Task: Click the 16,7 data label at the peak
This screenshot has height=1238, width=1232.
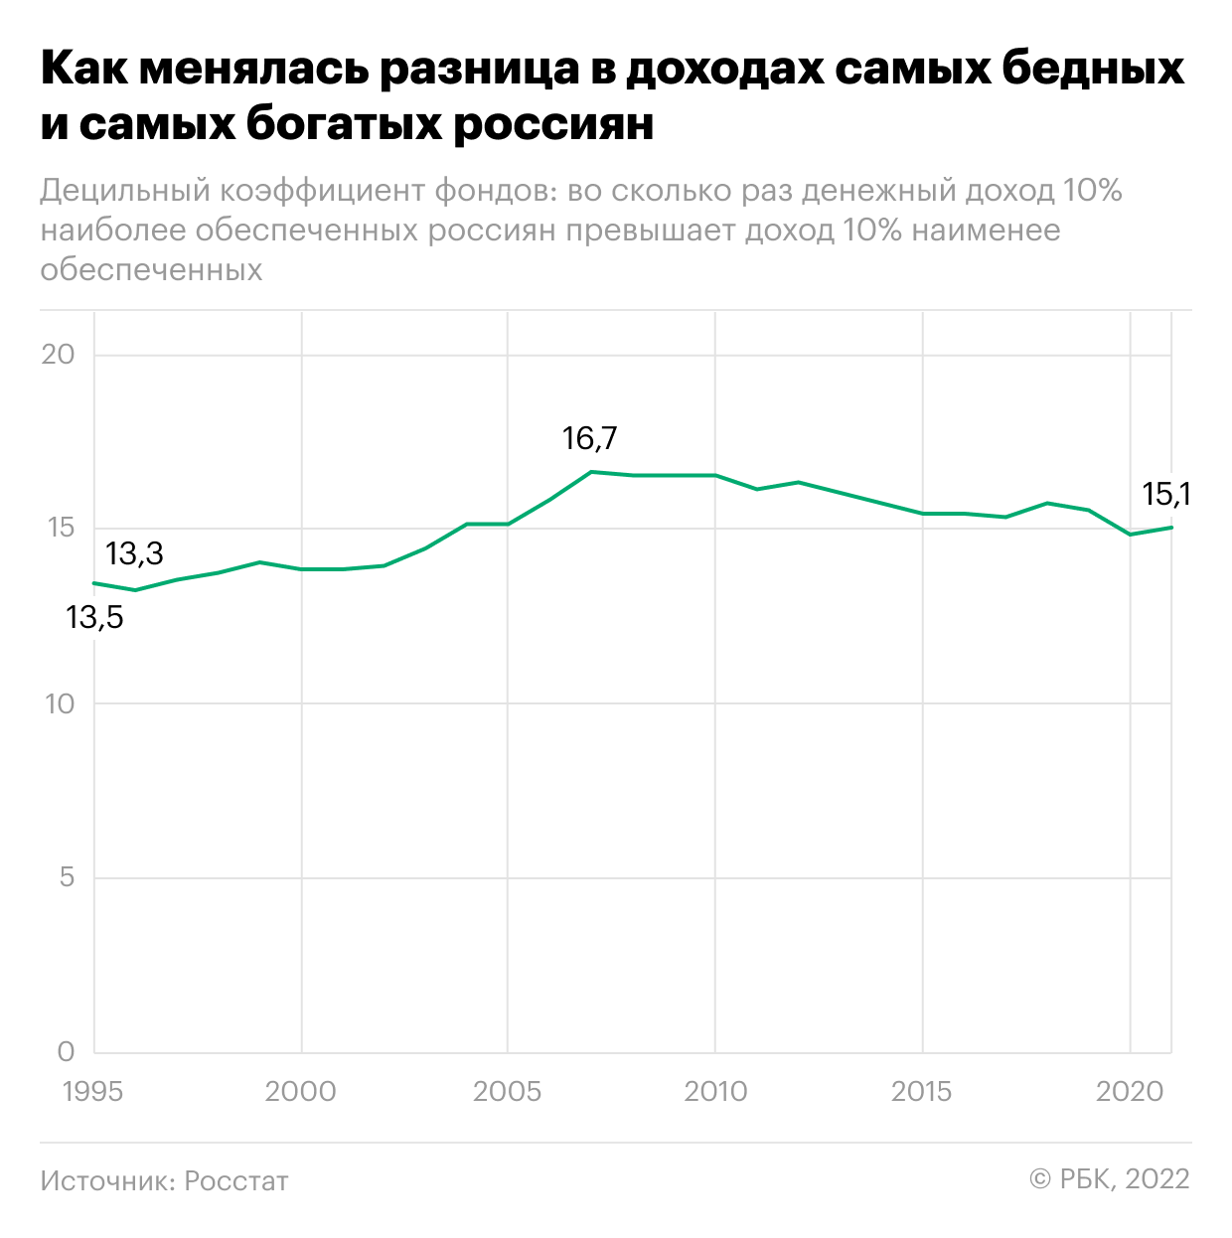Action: click(589, 438)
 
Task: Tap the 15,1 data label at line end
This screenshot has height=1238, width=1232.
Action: click(1166, 494)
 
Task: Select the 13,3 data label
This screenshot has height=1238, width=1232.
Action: click(134, 553)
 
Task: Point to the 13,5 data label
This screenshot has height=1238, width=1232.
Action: click(94, 618)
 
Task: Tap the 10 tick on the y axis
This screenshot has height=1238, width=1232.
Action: click(59, 703)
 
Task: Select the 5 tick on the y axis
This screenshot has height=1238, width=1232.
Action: click(67, 877)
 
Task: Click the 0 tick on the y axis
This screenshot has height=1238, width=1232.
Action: click(67, 1051)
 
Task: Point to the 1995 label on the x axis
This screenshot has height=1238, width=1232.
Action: click(93, 1091)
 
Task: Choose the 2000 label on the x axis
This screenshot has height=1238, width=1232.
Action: click(301, 1091)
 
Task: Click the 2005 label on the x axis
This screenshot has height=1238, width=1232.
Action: click(508, 1091)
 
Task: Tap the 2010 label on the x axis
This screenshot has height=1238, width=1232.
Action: click(715, 1091)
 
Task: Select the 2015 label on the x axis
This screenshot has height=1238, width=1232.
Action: click(923, 1091)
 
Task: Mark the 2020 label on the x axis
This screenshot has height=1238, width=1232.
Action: click(1130, 1091)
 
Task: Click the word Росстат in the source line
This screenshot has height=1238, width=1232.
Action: click(236, 1180)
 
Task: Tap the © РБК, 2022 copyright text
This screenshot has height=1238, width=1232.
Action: click(1109, 1178)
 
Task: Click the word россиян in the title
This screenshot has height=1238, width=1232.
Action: click(553, 125)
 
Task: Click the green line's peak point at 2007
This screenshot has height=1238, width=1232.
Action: click(591, 472)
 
